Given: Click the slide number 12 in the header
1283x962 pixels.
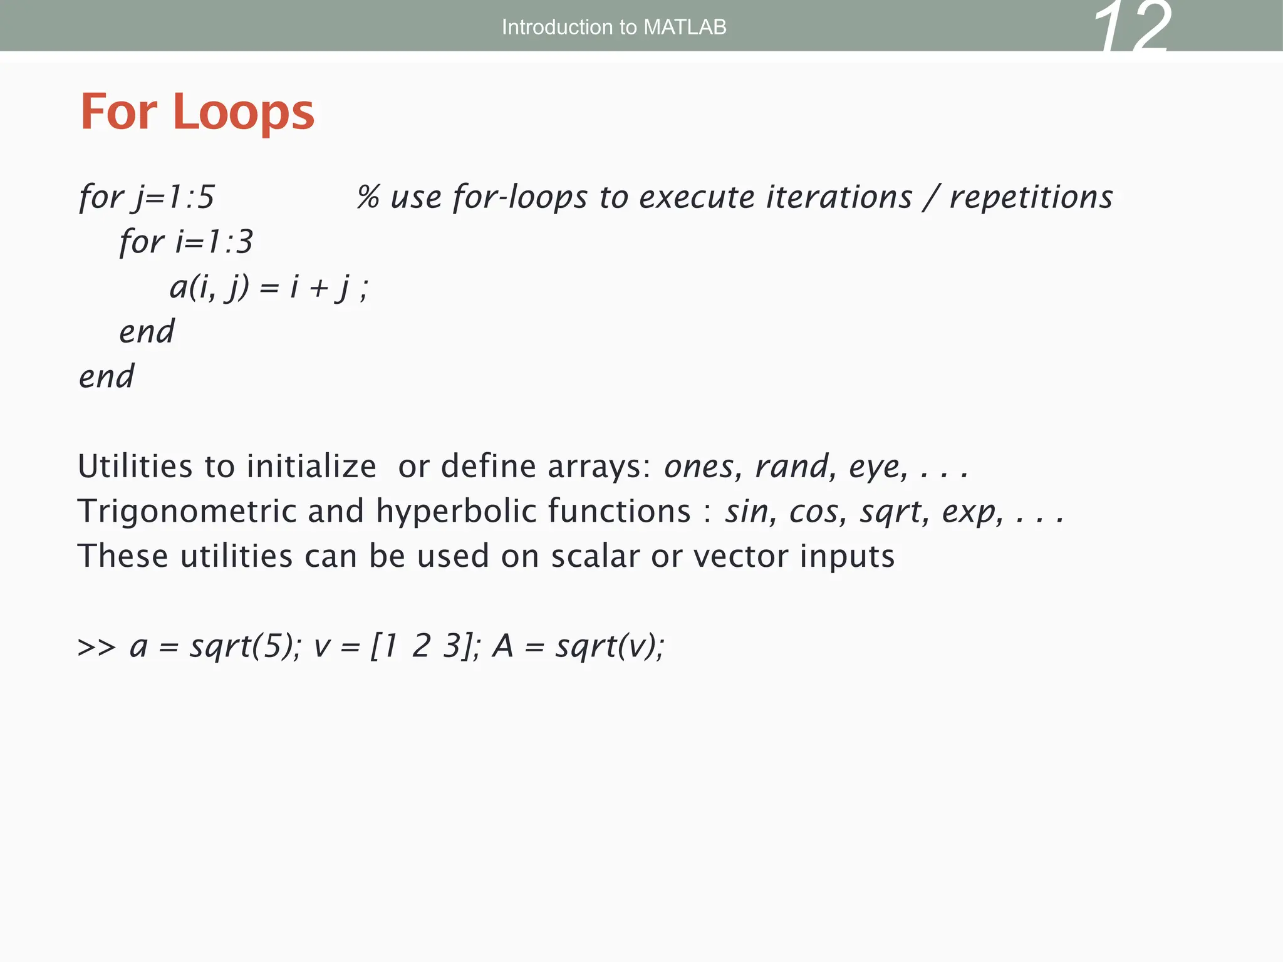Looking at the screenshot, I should [1131, 28].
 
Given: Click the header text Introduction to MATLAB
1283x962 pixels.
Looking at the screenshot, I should [613, 27].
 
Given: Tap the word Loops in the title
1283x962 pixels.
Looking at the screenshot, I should [243, 112].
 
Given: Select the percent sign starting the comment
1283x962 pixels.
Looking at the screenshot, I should [368, 197].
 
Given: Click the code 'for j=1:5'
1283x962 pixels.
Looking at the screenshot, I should [147, 197].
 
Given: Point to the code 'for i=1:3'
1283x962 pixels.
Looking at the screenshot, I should [186, 242].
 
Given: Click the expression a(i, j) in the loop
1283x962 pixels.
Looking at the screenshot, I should [209, 287].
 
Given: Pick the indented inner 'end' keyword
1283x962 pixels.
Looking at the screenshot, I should [147, 331].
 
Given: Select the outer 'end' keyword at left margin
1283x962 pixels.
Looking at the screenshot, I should [106, 376].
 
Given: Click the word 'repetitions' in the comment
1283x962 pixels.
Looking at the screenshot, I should [1031, 197].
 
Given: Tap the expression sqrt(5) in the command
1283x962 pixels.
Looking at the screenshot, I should [242, 646].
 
